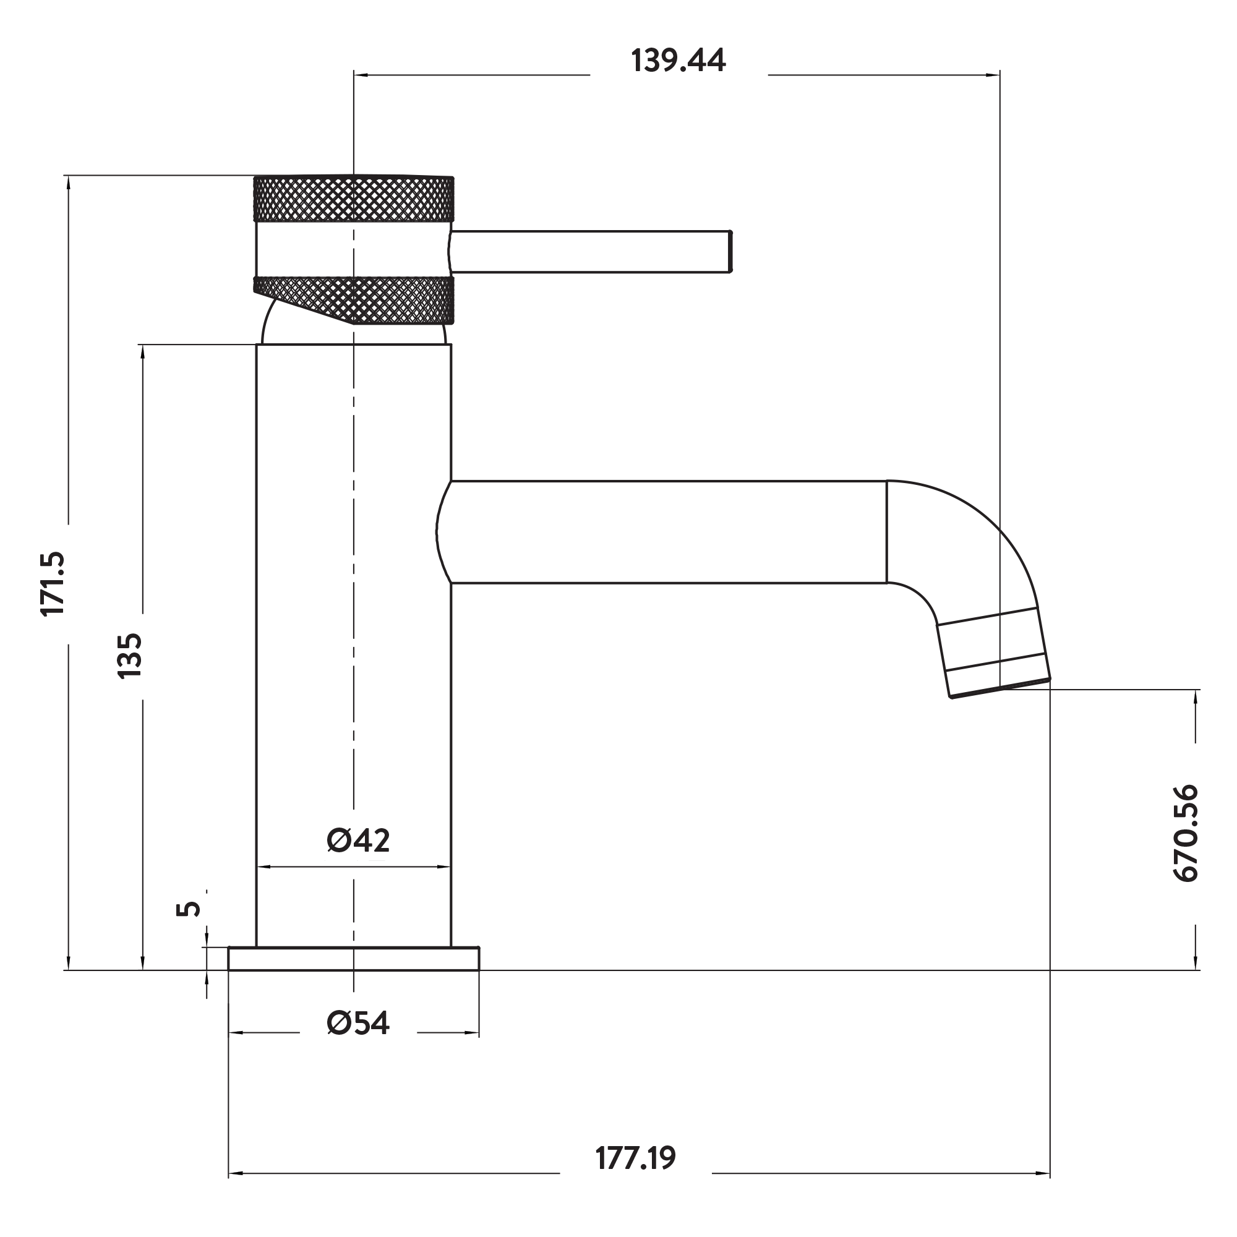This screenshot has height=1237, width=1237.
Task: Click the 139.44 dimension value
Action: pos(678,61)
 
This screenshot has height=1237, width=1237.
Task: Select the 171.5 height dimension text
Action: pos(53,583)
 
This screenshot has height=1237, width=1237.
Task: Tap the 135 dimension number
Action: pos(129,656)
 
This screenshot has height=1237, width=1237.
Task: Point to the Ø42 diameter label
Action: pos(358,841)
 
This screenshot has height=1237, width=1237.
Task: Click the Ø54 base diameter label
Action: pos(358,1023)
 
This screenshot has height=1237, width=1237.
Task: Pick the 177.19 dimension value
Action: pos(635,1177)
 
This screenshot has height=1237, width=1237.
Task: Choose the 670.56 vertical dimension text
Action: pos(1185,834)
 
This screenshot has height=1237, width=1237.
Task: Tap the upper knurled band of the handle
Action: pos(353,199)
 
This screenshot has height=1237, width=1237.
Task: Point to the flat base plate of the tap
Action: pos(353,959)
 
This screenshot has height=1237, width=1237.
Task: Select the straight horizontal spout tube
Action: pos(666,532)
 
